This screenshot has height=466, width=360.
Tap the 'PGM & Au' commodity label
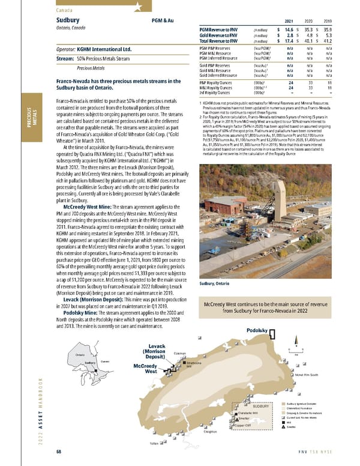[x=163, y=21]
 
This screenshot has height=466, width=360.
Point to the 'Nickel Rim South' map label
[x=309, y=375]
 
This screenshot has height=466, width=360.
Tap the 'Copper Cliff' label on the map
[x=246, y=426]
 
